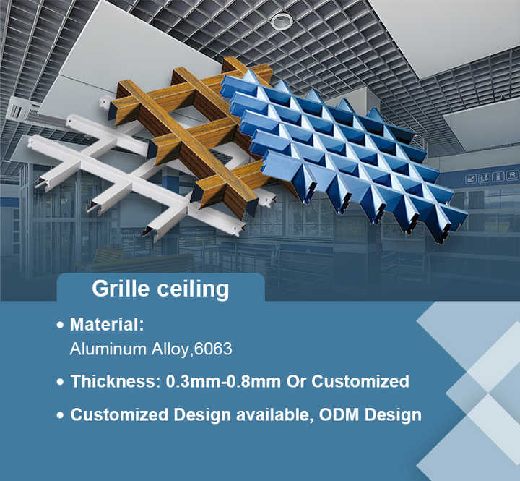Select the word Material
[x=107, y=324]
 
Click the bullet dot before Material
[x=61, y=325]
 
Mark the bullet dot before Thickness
[x=61, y=382]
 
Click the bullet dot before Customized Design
[x=61, y=416]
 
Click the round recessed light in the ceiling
[x=282, y=22]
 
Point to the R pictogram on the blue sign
[x=512, y=175]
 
